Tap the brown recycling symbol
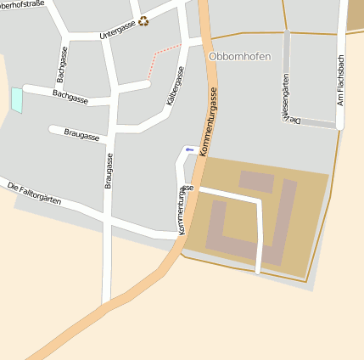click(143, 21)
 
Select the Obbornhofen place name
click(239, 56)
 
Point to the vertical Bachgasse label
click(61, 64)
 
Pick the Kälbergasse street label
click(175, 87)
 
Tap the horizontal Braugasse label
click(81, 135)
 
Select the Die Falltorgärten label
click(34, 194)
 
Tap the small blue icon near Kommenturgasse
click(189, 150)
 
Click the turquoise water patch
click(17, 99)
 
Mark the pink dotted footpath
click(163, 54)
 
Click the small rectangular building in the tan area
click(256, 181)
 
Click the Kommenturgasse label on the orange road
click(210, 126)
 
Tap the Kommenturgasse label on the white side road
click(184, 209)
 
